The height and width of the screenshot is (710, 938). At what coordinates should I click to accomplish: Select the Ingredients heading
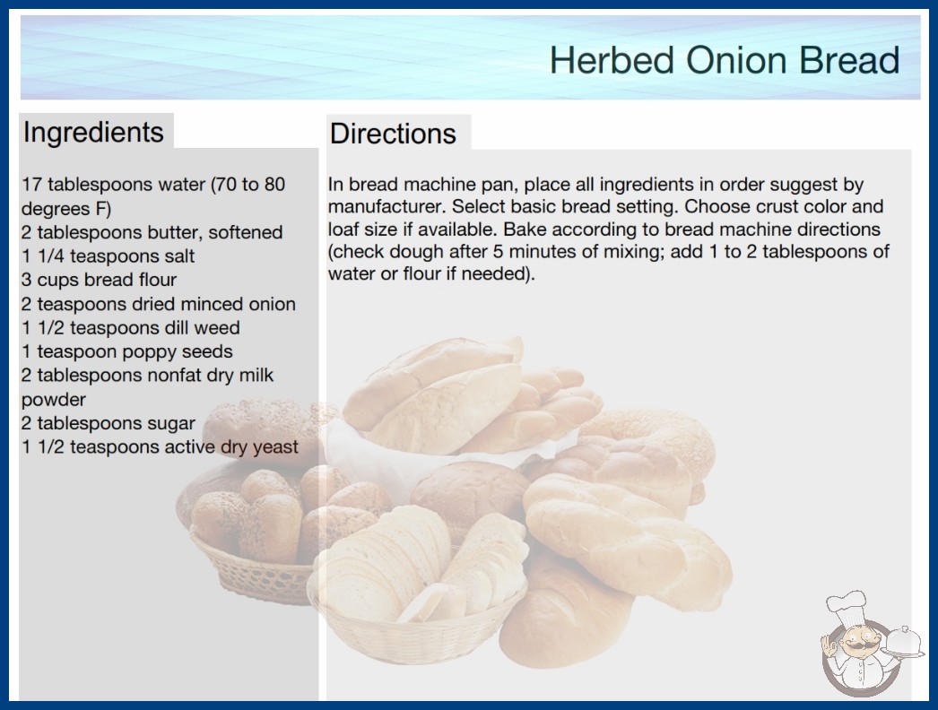[93, 133]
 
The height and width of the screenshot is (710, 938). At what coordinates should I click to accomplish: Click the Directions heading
[393, 134]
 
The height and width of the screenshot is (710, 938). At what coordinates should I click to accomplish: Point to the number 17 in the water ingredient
[31, 185]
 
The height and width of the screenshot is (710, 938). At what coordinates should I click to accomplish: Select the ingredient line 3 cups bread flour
[100, 280]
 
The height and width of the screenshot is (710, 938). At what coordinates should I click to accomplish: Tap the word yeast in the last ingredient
[275, 447]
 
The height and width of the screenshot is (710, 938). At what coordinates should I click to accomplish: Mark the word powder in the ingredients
[54, 400]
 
